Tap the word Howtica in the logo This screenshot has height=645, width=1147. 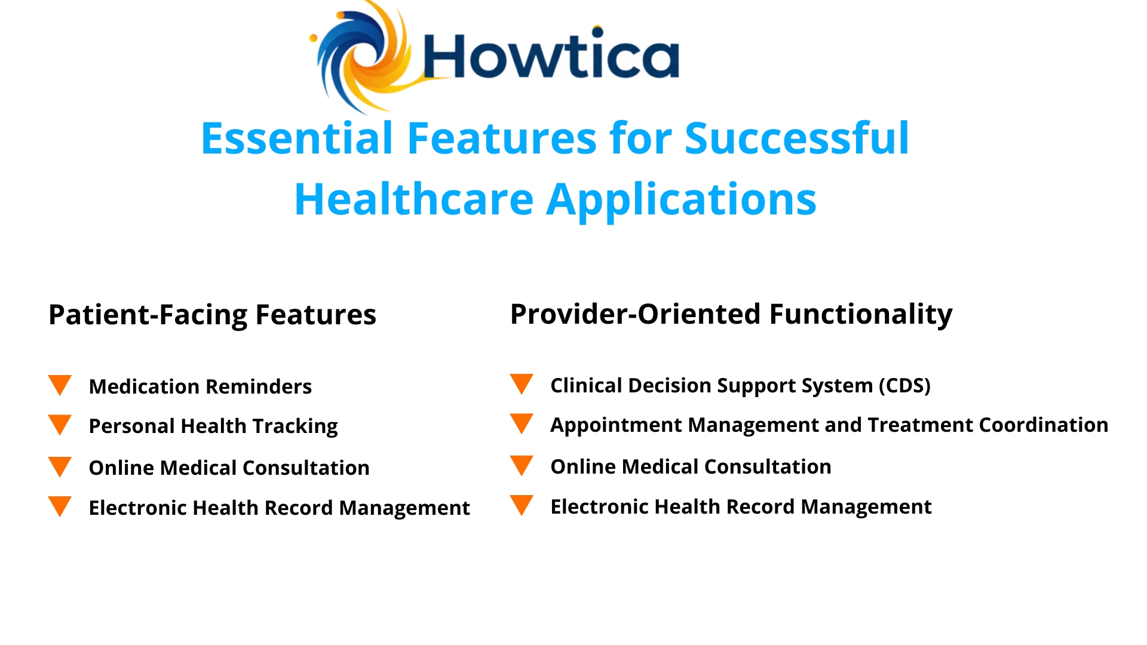click(x=551, y=56)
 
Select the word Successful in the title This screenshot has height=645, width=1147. click(x=796, y=139)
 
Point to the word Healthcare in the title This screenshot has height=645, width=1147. click(x=414, y=199)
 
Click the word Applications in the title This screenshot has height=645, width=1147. click(x=682, y=199)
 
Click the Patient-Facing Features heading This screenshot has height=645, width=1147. click(x=212, y=315)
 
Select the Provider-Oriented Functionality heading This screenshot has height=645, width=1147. click(x=731, y=314)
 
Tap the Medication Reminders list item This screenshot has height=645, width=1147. click(x=200, y=387)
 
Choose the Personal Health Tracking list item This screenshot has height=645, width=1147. click(x=213, y=426)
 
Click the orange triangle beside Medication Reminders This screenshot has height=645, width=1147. click(x=60, y=385)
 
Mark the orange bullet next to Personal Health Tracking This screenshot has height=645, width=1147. click(x=60, y=425)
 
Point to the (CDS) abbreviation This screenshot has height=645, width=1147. click(x=904, y=386)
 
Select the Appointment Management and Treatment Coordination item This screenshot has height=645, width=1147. click(x=829, y=425)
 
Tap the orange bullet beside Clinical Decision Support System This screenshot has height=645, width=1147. click(x=522, y=383)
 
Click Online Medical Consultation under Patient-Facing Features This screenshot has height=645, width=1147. click(x=229, y=468)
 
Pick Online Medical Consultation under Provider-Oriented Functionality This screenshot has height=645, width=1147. click(x=691, y=467)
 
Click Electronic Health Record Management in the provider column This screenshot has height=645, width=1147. click(x=741, y=507)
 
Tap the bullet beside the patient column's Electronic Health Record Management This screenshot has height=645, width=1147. click(x=60, y=506)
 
